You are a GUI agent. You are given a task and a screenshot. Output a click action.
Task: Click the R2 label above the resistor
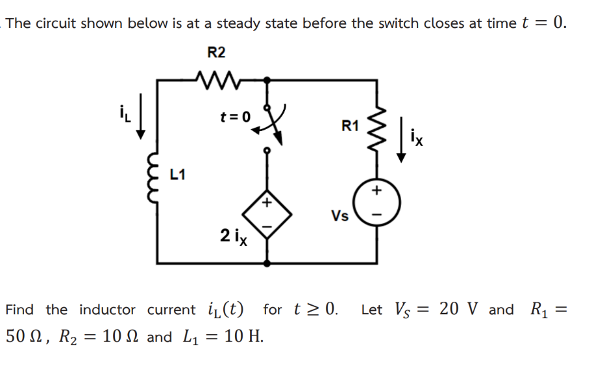pos(216,52)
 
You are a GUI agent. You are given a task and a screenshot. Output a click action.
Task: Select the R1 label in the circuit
pos(350,126)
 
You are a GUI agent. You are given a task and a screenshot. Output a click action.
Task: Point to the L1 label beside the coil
pos(177,174)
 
